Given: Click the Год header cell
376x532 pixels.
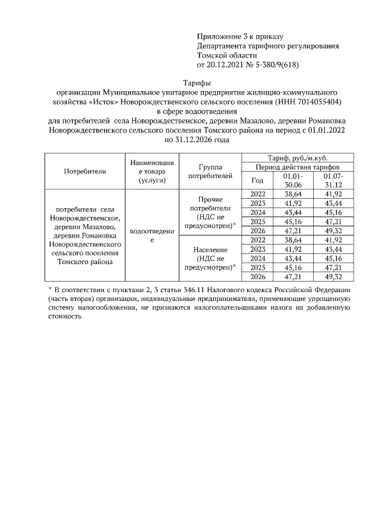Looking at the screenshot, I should point(257,180).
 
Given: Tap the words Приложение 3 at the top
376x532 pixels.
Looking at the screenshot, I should point(221,36).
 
